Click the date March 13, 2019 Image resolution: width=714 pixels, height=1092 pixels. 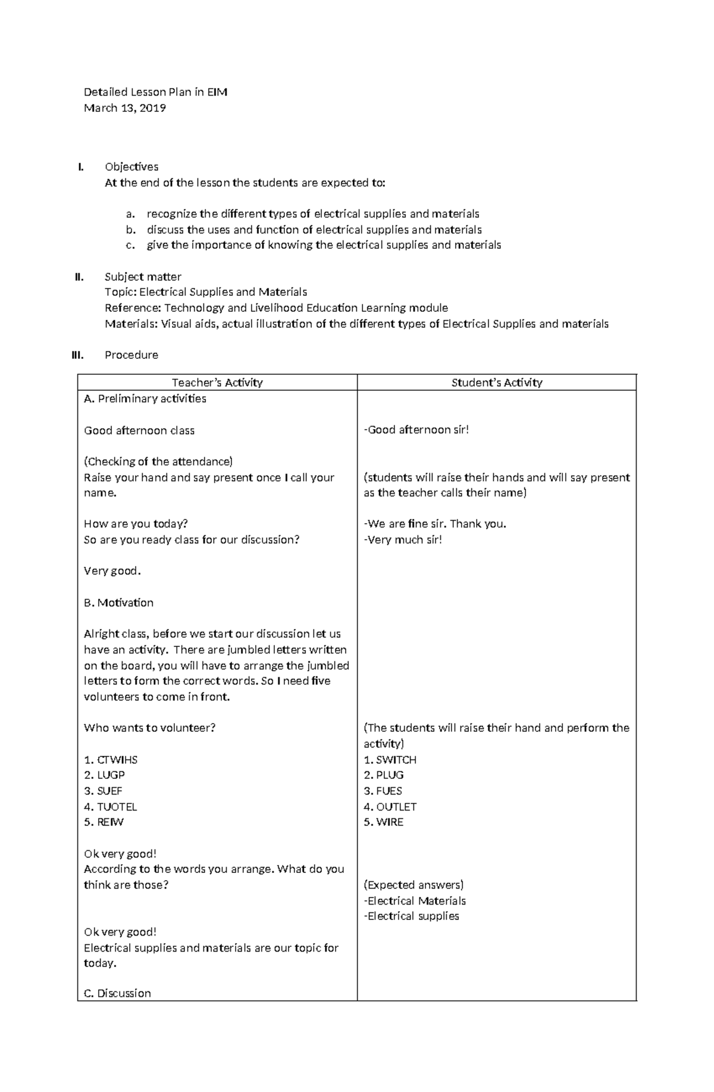pyautogui.click(x=124, y=108)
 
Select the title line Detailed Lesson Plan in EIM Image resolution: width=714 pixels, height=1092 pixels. pyautogui.click(x=155, y=92)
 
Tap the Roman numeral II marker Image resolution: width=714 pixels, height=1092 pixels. pyautogui.click(x=79, y=277)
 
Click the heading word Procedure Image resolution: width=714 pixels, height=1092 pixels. pyautogui.click(x=131, y=355)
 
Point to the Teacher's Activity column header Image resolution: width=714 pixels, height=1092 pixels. pyautogui.click(x=217, y=383)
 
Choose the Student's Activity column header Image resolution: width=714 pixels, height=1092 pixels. pyautogui.click(x=496, y=383)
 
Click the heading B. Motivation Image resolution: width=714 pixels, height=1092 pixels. pyautogui.click(x=118, y=602)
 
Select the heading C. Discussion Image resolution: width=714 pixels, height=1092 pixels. pyautogui.click(x=117, y=993)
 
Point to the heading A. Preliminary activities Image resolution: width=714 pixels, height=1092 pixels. pyautogui.click(x=145, y=399)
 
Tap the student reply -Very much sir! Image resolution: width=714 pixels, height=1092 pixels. pyautogui.click(x=403, y=540)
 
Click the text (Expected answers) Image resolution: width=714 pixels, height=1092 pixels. pyautogui.click(x=414, y=884)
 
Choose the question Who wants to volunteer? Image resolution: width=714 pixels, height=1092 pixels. pyautogui.click(x=149, y=727)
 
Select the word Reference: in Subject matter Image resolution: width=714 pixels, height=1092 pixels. pyautogui.click(x=132, y=308)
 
